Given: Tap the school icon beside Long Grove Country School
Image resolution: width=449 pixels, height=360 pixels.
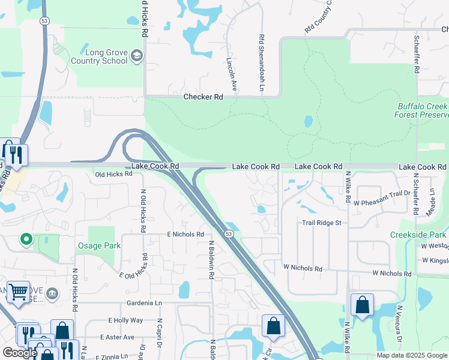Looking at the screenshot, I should [137, 56].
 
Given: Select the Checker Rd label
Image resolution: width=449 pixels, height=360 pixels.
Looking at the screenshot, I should [203, 97].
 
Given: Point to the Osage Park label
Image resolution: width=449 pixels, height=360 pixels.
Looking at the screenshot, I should [99, 245].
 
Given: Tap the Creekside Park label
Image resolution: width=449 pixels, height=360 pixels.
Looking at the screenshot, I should [418, 234].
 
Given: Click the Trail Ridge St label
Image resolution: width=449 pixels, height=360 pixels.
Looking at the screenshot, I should [321, 223].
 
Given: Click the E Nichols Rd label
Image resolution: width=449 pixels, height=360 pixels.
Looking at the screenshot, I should [185, 234].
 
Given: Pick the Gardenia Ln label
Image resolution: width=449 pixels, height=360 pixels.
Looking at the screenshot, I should [145, 304].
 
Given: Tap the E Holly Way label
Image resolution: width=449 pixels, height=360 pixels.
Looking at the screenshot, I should [125, 320].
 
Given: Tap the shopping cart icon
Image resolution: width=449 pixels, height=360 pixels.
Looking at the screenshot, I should [18, 292].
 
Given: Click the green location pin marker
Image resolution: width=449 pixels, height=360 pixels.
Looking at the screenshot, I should [26, 240].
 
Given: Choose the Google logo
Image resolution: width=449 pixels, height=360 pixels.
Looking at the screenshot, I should [20, 353].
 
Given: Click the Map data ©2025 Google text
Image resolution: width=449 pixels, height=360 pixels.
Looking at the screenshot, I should [412, 355].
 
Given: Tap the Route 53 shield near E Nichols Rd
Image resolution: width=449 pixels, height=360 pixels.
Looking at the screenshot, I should [229, 233].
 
